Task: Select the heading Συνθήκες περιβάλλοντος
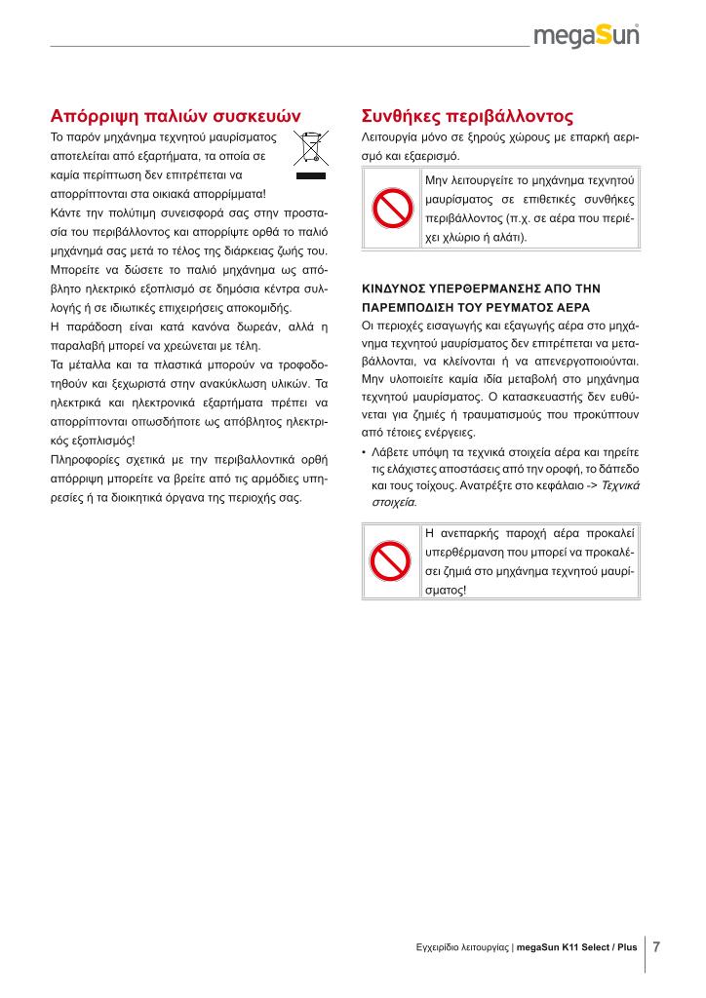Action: click(x=467, y=113)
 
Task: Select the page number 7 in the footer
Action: click(x=657, y=946)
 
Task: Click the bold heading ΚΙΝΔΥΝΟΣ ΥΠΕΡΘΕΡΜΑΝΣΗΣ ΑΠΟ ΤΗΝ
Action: click(x=481, y=289)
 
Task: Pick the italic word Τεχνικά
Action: click(x=619, y=485)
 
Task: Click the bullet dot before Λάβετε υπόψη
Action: click(x=364, y=453)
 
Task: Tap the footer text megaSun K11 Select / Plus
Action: click(x=576, y=947)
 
